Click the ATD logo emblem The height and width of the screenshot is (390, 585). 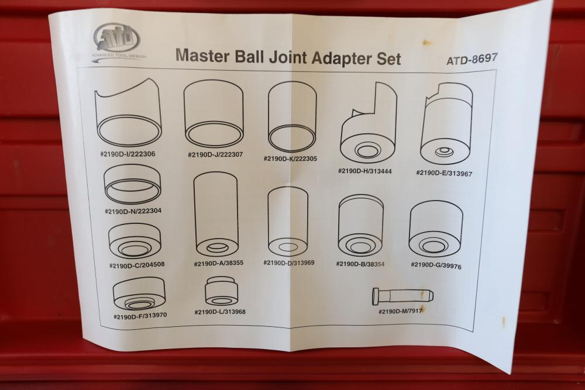(117, 38)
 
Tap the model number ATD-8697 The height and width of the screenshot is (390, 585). (472, 58)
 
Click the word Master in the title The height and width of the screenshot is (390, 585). (202, 55)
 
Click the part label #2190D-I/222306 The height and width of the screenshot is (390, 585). (128, 154)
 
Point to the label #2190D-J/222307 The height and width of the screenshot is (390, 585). (215, 154)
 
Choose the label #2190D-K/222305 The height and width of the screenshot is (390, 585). (290, 158)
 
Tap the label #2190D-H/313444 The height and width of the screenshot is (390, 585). (365, 171)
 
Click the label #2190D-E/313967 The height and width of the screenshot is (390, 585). (445, 173)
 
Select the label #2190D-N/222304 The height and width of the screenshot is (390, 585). (133, 211)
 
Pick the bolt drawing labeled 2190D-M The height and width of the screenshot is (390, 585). (402, 296)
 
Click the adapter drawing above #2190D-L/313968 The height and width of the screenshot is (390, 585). (222, 291)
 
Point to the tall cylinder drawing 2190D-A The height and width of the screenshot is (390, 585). (216, 214)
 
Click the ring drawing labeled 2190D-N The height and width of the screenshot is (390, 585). (132, 185)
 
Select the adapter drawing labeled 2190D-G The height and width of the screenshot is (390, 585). (436, 229)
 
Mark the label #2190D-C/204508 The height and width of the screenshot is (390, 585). (136, 265)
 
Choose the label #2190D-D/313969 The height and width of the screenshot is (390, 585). (289, 263)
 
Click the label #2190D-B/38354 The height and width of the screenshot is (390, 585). (360, 264)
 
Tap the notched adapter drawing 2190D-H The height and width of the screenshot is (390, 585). (368, 123)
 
